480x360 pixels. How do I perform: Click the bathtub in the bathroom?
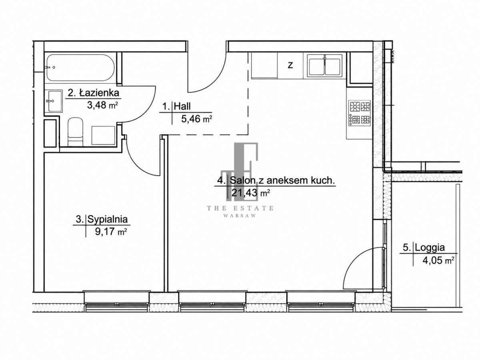[x=80, y=68]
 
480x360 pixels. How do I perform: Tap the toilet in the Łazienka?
[x=75, y=132]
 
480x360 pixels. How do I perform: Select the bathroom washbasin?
[x=54, y=101]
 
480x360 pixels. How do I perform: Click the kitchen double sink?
[x=324, y=65]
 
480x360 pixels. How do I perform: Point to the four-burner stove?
[x=359, y=113]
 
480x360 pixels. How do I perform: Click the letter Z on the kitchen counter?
[x=290, y=65]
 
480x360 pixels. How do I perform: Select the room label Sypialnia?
[x=108, y=219]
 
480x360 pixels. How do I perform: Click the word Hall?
[x=182, y=106]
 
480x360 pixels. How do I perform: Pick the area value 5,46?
[x=191, y=119]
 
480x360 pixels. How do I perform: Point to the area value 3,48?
[x=97, y=105]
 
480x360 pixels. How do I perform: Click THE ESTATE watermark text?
[x=240, y=208]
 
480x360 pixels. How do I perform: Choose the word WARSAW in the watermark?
[x=240, y=216]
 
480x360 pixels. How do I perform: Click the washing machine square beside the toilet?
[x=103, y=135]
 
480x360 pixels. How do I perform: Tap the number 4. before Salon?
[x=221, y=180]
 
